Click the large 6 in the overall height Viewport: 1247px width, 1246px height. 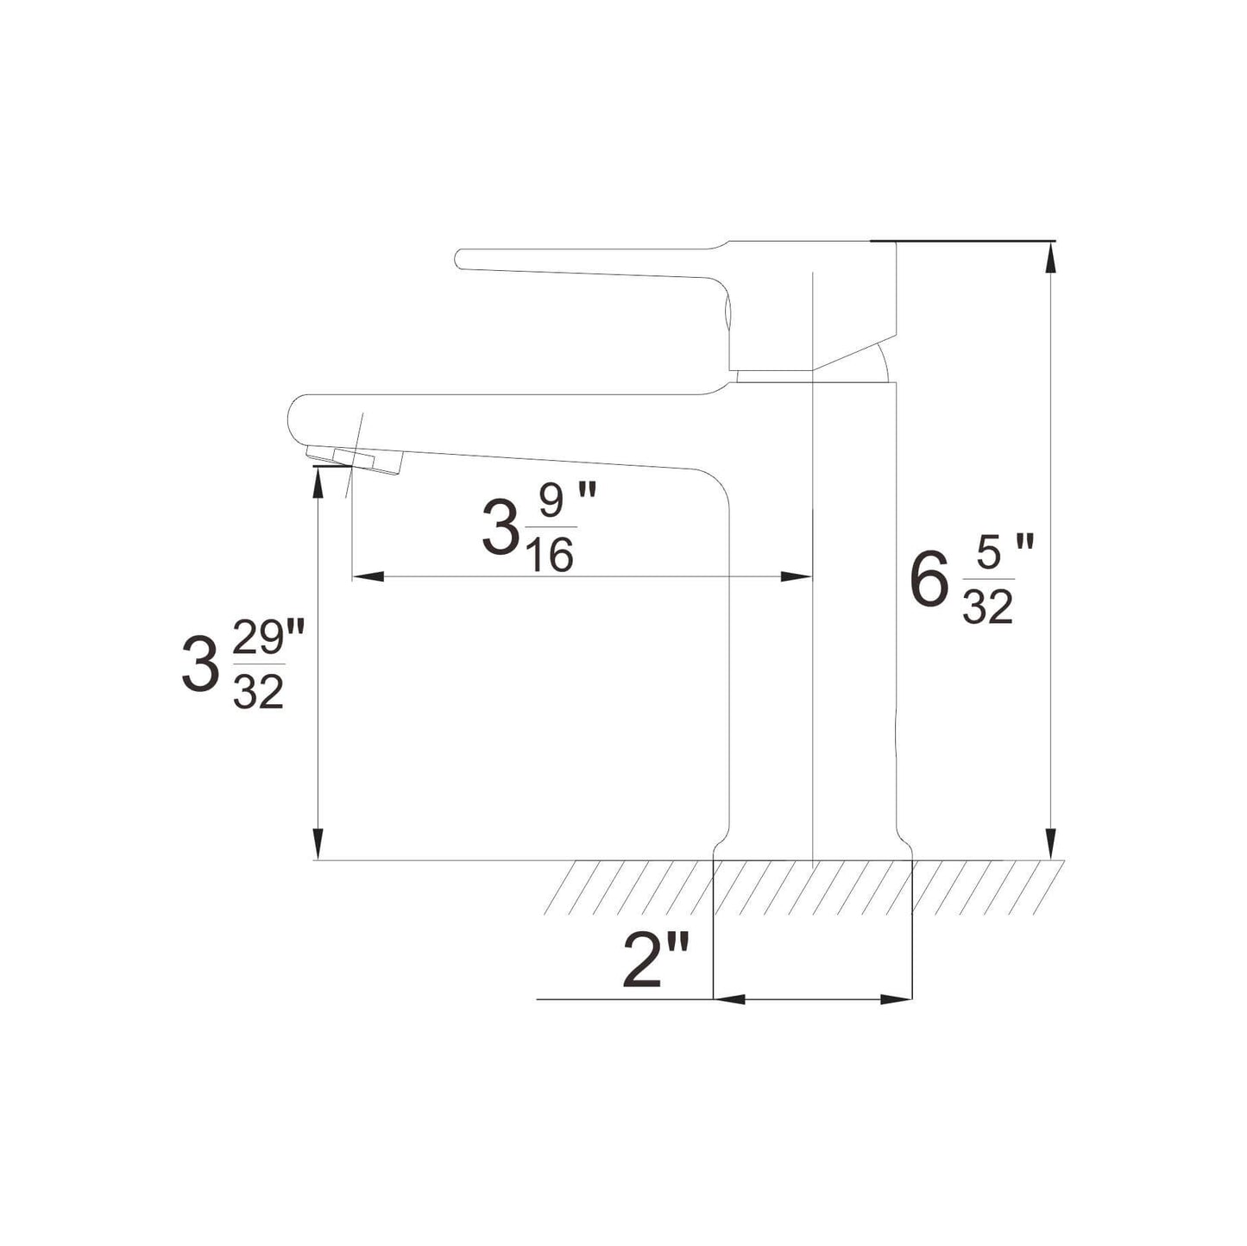(x=929, y=582)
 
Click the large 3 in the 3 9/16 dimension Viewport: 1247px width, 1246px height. (x=499, y=529)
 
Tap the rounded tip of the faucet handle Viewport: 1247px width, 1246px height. (x=463, y=258)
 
